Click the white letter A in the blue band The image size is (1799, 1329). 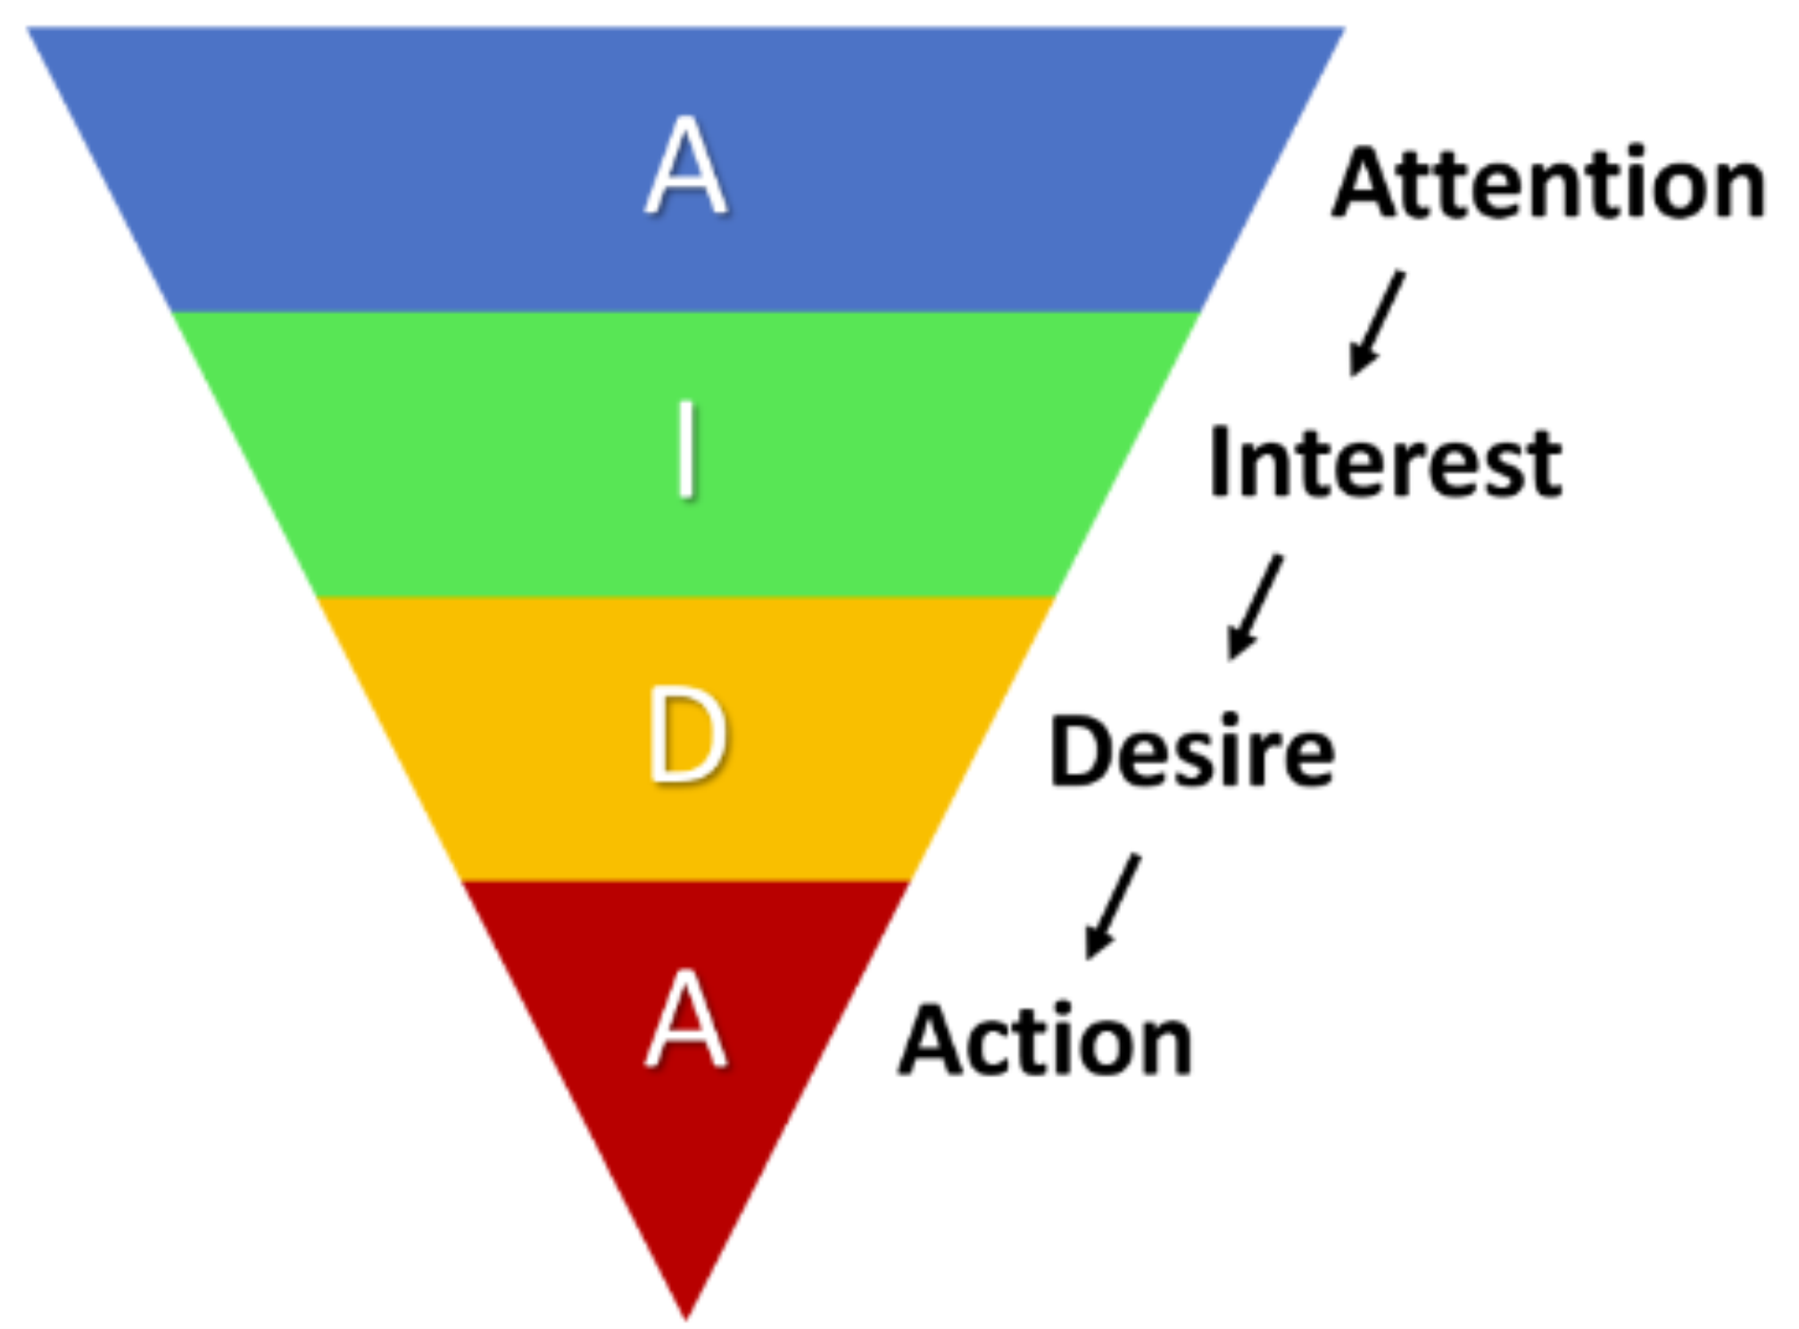pos(685,166)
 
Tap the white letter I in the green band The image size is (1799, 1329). pos(685,450)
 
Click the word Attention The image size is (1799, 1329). pos(1548,183)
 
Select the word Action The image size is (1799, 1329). pos(1045,1040)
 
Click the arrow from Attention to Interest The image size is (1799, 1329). pos(1376,322)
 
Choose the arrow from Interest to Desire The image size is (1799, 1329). pos(1255,607)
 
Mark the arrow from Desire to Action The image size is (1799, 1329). pos(1112,906)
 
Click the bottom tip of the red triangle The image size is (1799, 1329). pos(686,1317)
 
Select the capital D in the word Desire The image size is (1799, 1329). pos(1079,752)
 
